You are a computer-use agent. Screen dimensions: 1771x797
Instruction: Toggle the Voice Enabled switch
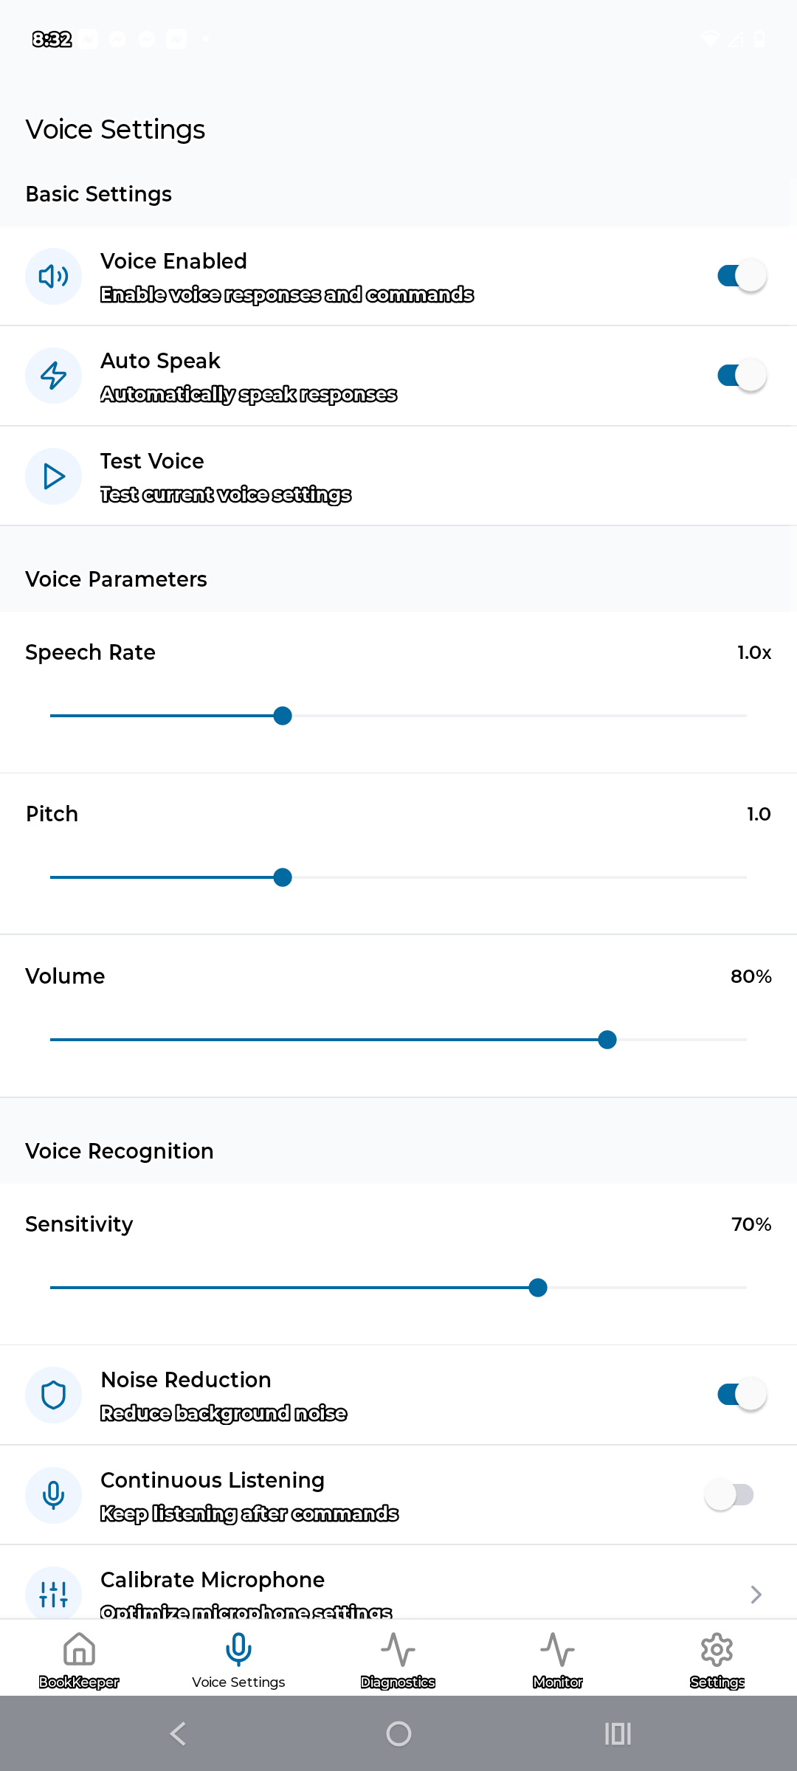[x=741, y=276]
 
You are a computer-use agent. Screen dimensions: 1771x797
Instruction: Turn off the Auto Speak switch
[x=741, y=376]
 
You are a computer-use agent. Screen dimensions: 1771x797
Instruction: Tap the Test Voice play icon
[x=53, y=477]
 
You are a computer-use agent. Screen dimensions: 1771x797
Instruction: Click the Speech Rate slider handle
[x=283, y=716]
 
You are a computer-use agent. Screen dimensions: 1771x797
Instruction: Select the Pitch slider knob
[x=283, y=877]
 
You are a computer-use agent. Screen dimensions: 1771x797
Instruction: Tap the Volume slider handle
[x=607, y=1040]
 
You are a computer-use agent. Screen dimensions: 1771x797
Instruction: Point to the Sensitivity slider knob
[x=538, y=1288]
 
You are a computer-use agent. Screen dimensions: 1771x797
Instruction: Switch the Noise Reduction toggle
[x=741, y=1395]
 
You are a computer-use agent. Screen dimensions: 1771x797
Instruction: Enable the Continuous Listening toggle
[x=729, y=1495]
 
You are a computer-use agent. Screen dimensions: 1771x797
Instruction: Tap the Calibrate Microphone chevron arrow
[x=756, y=1595]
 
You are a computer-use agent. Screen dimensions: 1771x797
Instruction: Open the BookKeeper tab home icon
[x=79, y=1649]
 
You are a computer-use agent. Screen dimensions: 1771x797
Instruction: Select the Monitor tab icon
[x=557, y=1649]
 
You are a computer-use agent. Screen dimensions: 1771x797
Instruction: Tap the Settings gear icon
[x=717, y=1649]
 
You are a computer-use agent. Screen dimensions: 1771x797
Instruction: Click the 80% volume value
[x=751, y=976]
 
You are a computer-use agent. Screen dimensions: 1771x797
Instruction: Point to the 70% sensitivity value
[x=751, y=1224]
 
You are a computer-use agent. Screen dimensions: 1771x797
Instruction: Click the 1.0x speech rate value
[x=753, y=652]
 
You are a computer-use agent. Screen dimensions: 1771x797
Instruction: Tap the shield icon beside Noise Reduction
[x=53, y=1395]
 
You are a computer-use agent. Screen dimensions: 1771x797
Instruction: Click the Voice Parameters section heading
[x=116, y=579]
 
